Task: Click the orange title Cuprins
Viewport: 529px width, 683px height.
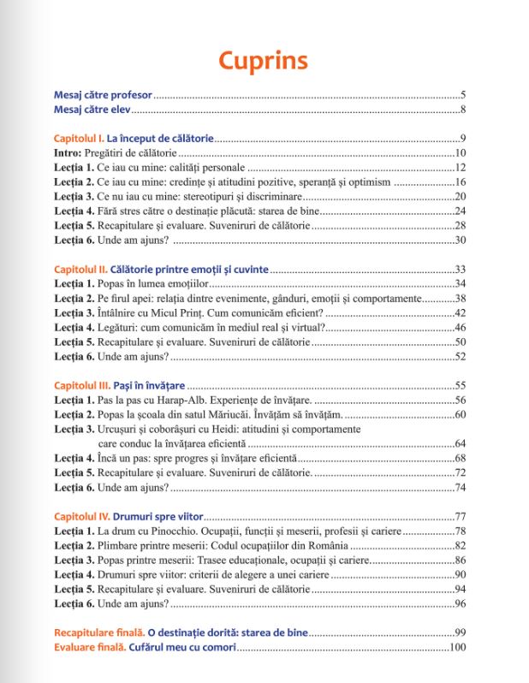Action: (x=263, y=62)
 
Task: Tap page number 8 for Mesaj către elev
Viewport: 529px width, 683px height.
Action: (x=462, y=110)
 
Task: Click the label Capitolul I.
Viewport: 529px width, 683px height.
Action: (x=78, y=139)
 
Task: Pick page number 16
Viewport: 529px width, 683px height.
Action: (x=459, y=182)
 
